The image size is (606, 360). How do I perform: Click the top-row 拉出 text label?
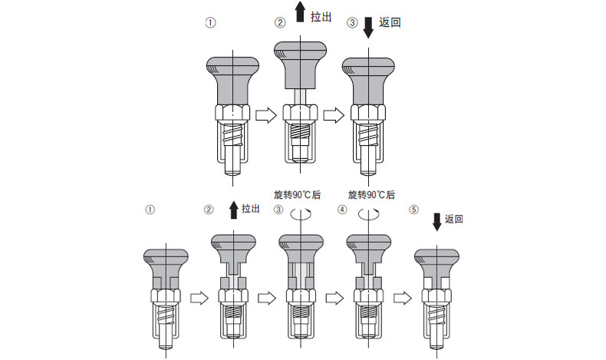tap(321, 17)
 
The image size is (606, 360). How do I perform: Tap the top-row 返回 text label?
tap(390, 23)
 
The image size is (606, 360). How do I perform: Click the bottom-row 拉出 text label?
tap(252, 208)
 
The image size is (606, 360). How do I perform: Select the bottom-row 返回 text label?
tap(454, 219)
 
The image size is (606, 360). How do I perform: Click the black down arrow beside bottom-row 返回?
tap(437, 221)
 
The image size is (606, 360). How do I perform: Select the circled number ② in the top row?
tap(280, 23)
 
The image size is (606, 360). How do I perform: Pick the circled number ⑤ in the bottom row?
tap(415, 209)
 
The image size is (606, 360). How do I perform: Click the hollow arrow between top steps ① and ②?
tap(264, 115)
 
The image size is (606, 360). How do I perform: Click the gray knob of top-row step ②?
tap(301, 65)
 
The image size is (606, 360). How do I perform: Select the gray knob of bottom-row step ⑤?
tap(436, 265)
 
